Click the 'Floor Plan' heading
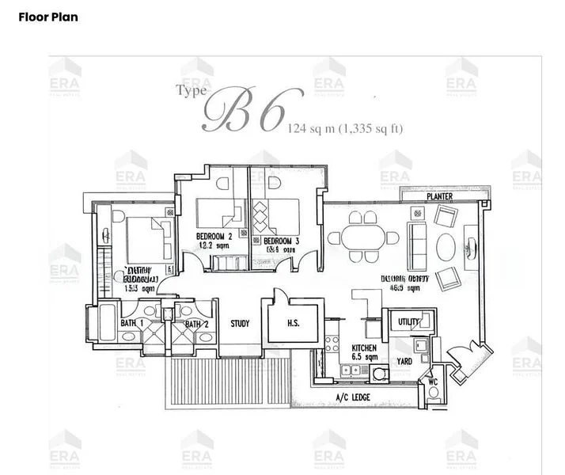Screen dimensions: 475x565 (x=48, y=17)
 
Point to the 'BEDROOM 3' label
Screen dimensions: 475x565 (x=281, y=241)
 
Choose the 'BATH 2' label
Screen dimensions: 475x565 (x=196, y=324)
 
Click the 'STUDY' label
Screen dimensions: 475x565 (x=241, y=324)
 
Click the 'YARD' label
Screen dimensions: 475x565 (x=404, y=362)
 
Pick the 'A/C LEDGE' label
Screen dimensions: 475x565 (x=353, y=397)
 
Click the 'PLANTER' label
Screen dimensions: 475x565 (x=439, y=196)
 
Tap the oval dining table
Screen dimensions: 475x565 (x=363, y=236)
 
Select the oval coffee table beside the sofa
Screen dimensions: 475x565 (x=446, y=245)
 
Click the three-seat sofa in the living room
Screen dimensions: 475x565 (x=417, y=243)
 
